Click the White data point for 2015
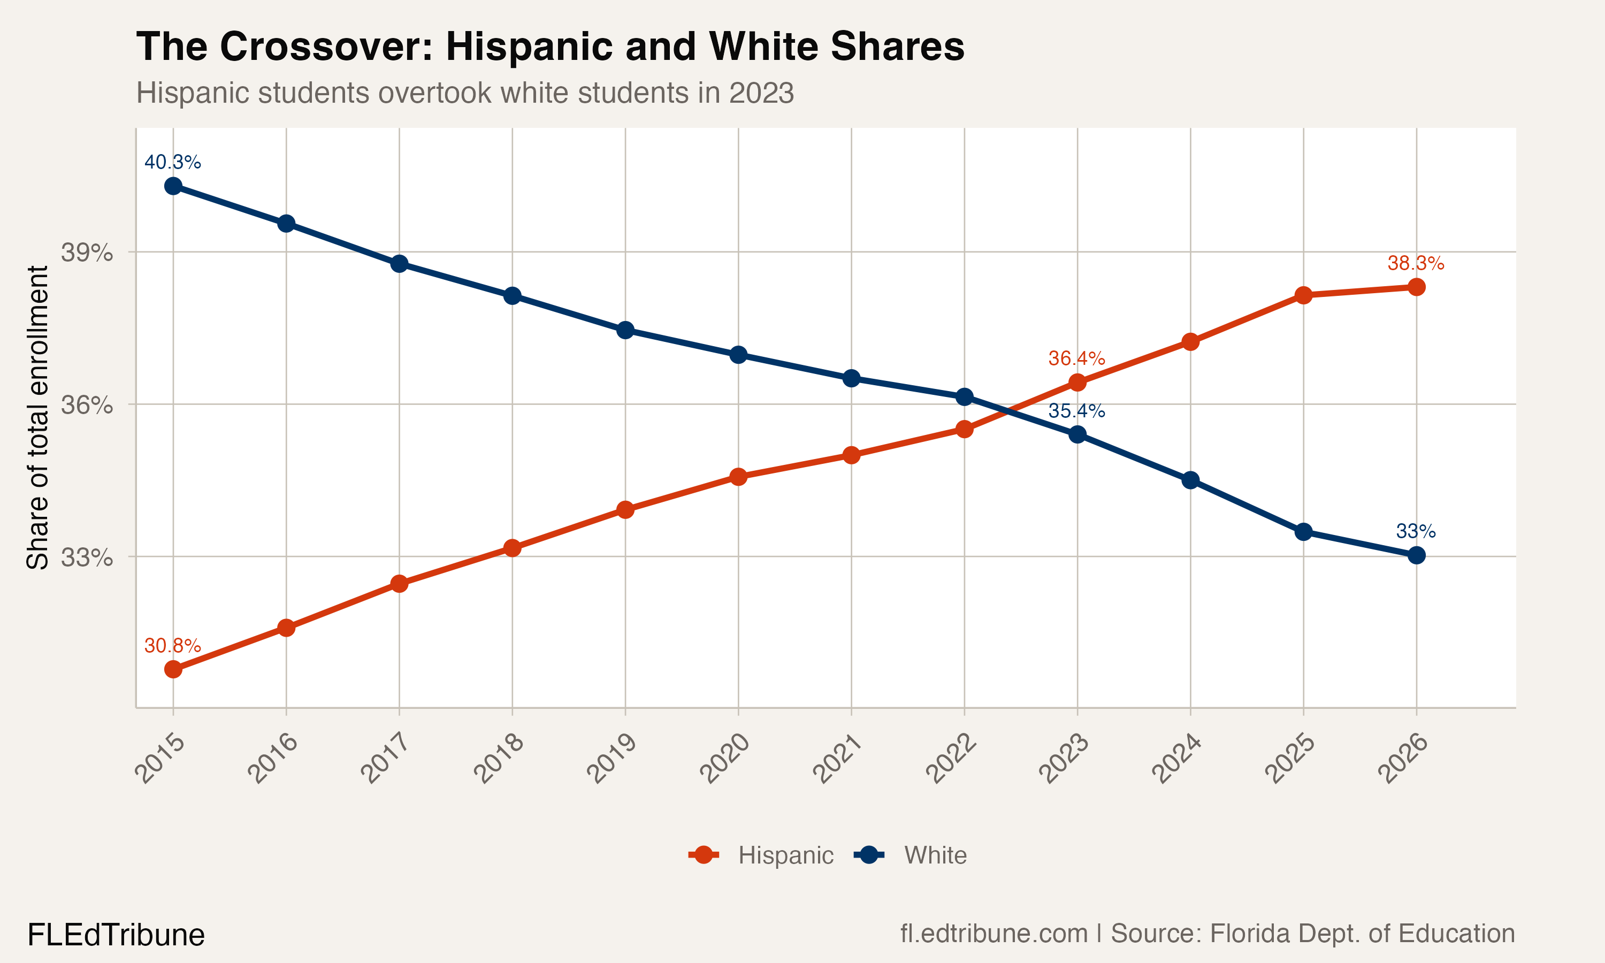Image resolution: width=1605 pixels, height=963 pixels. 173,186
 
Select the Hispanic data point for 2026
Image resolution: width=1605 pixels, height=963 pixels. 1416,287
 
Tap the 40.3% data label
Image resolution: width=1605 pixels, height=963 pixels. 173,162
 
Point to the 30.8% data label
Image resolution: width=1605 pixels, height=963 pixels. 173,646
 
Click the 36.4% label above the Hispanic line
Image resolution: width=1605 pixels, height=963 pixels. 1077,358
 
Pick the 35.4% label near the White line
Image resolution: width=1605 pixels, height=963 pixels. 1077,411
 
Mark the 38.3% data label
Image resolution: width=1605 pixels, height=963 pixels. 1416,263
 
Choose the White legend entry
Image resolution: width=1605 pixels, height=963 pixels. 912,855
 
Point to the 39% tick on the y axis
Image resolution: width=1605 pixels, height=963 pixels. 87,253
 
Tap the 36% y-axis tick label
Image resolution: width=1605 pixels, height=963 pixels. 87,405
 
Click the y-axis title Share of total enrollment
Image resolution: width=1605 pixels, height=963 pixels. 37,417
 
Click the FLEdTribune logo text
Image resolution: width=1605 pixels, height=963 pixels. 116,935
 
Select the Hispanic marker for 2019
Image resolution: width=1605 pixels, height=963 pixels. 625,509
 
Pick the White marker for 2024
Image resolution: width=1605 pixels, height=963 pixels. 1190,480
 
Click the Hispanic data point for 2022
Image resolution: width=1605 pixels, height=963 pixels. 965,429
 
